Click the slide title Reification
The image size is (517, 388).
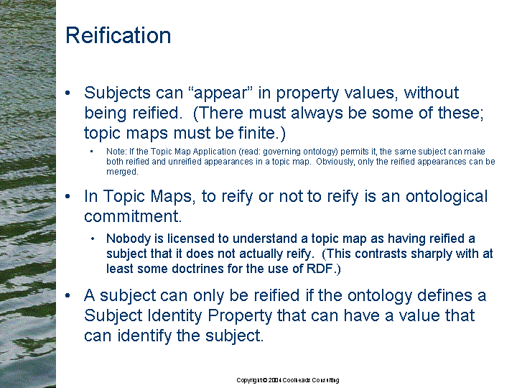click(x=118, y=35)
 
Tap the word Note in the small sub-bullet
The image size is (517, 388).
click(x=116, y=152)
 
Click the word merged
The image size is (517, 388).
click(x=122, y=172)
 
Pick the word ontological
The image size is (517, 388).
click(x=447, y=197)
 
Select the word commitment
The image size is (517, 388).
click(x=133, y=216)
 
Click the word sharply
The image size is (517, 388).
click(x=431, y=254)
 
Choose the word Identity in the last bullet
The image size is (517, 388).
click(x=174, y=315)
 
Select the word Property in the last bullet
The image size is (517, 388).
click(x=240, y=316)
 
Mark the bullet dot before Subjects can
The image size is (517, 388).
click(x=67, y=93)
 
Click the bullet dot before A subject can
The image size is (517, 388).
click(x=67, y=295)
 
